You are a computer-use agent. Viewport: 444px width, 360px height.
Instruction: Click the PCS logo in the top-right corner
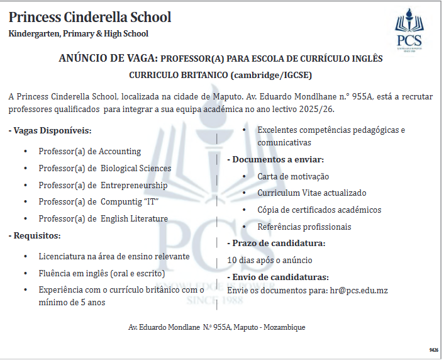(x=413, y=30)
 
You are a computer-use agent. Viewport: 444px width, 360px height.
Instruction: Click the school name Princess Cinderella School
(x=90, y=17)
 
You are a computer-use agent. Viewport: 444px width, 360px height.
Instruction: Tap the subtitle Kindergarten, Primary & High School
(x=79, y=33)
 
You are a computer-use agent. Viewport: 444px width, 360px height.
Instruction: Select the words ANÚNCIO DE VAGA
(x=108, y=59)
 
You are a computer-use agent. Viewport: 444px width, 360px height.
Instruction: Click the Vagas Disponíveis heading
(x=50, y=131)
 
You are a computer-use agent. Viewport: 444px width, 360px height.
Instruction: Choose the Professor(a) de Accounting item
(x=89, y=151)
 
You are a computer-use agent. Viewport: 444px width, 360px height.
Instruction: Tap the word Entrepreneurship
(x=134, y=185)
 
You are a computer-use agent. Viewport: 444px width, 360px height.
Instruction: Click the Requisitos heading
(x=35, y=235)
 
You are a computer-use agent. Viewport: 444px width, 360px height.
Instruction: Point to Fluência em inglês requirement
(x=101, y=273)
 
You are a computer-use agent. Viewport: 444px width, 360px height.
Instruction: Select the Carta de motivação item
(x=293, y=176)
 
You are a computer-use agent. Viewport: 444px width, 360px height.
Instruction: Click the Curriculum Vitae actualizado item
(x=311, y=193)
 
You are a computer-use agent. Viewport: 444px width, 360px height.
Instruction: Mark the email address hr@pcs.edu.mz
(x=358, y=290)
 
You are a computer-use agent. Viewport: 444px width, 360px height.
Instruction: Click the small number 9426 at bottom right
(x=433, y=349)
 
